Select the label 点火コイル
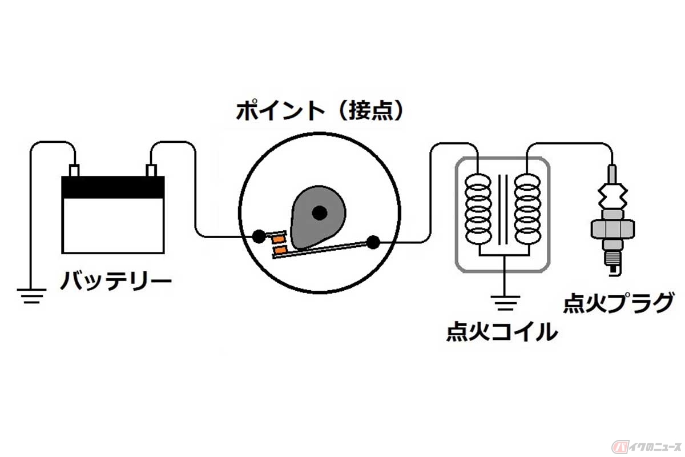pyautogui.click(x=502, y=331)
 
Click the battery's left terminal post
pyautogui.click(x=74, y=170)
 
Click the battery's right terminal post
pyautogui.click(x=152, y=170)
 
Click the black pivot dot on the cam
pyautogui.click(x=319, y=213)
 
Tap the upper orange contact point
pyautogui.click(x=279, y=237)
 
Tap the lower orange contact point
pyautogui.click(x=281, y=250)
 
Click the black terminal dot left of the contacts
pyautogui.click(x=259, y=235)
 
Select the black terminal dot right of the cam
pyautogui.click(x=373, y=242)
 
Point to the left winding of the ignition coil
pyautogui.click(x=478, y=209)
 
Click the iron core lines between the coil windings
pyautogui.click(x=503, y=209)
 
